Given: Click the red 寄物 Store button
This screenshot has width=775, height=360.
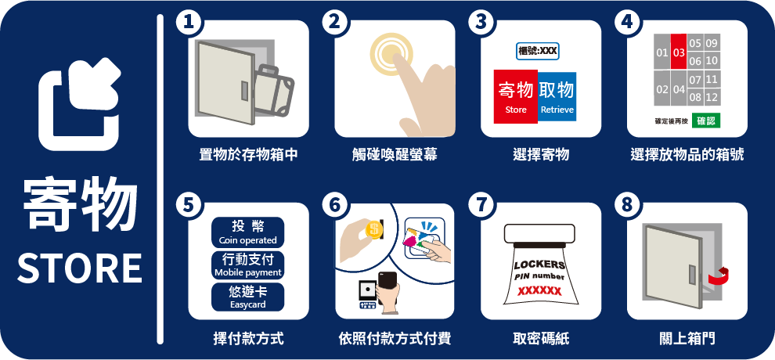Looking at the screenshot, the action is (x=516, y=97).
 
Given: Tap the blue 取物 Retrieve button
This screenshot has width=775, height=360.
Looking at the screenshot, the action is (x=557, y=95).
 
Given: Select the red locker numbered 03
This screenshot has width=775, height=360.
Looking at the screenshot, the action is (x=679, y=52).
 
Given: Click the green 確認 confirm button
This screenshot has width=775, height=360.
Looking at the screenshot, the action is (x=706, y=121).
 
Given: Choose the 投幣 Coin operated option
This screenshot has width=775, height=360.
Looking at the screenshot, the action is (x=247, y=232).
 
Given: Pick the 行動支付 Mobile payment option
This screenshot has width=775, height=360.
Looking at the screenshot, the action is (x=247, y=265).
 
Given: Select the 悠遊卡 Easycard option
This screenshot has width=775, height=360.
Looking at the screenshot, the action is (x=247, y=297).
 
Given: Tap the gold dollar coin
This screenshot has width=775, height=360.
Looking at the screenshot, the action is (x=373, y=229).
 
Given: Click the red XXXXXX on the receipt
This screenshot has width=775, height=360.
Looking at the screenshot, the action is (x=539, y=291).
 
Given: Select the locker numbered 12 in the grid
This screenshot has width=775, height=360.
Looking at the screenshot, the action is (x=712, y=97).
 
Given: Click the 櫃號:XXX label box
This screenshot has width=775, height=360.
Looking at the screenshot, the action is (x=538, y=51).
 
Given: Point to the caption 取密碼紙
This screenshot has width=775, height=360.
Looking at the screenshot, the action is (x=541, y=339).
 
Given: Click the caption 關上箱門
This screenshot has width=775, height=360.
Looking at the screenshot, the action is (x=687, y=339).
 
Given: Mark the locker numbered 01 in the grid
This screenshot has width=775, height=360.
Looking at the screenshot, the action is (x=662, y=52).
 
